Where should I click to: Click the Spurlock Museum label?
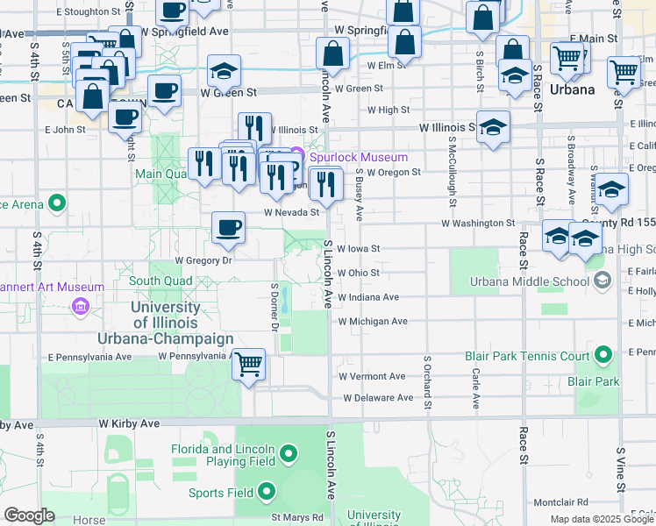pos(358,157)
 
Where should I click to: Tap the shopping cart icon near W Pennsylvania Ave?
pos(249,362)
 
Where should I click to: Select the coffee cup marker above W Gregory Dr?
pos(228,229)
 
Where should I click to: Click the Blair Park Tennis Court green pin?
pos(603,356)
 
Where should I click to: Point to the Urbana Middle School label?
pos(517,281)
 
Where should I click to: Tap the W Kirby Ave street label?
pos(129,423)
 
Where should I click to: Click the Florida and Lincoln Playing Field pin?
pos(291,454)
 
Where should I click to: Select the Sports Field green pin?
pos(267,492)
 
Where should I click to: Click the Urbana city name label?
pos(573,90)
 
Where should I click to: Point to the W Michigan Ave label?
pos(373,322)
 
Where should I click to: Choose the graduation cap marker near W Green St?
pos(225,69)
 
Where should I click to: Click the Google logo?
pos(29,515)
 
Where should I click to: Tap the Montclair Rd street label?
pos(562,502)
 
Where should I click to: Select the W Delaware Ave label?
pos(378,397)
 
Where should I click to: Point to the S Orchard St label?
pos(427,381)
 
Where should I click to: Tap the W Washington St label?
pos(478,224)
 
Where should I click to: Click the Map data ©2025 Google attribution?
pos(601,518)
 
